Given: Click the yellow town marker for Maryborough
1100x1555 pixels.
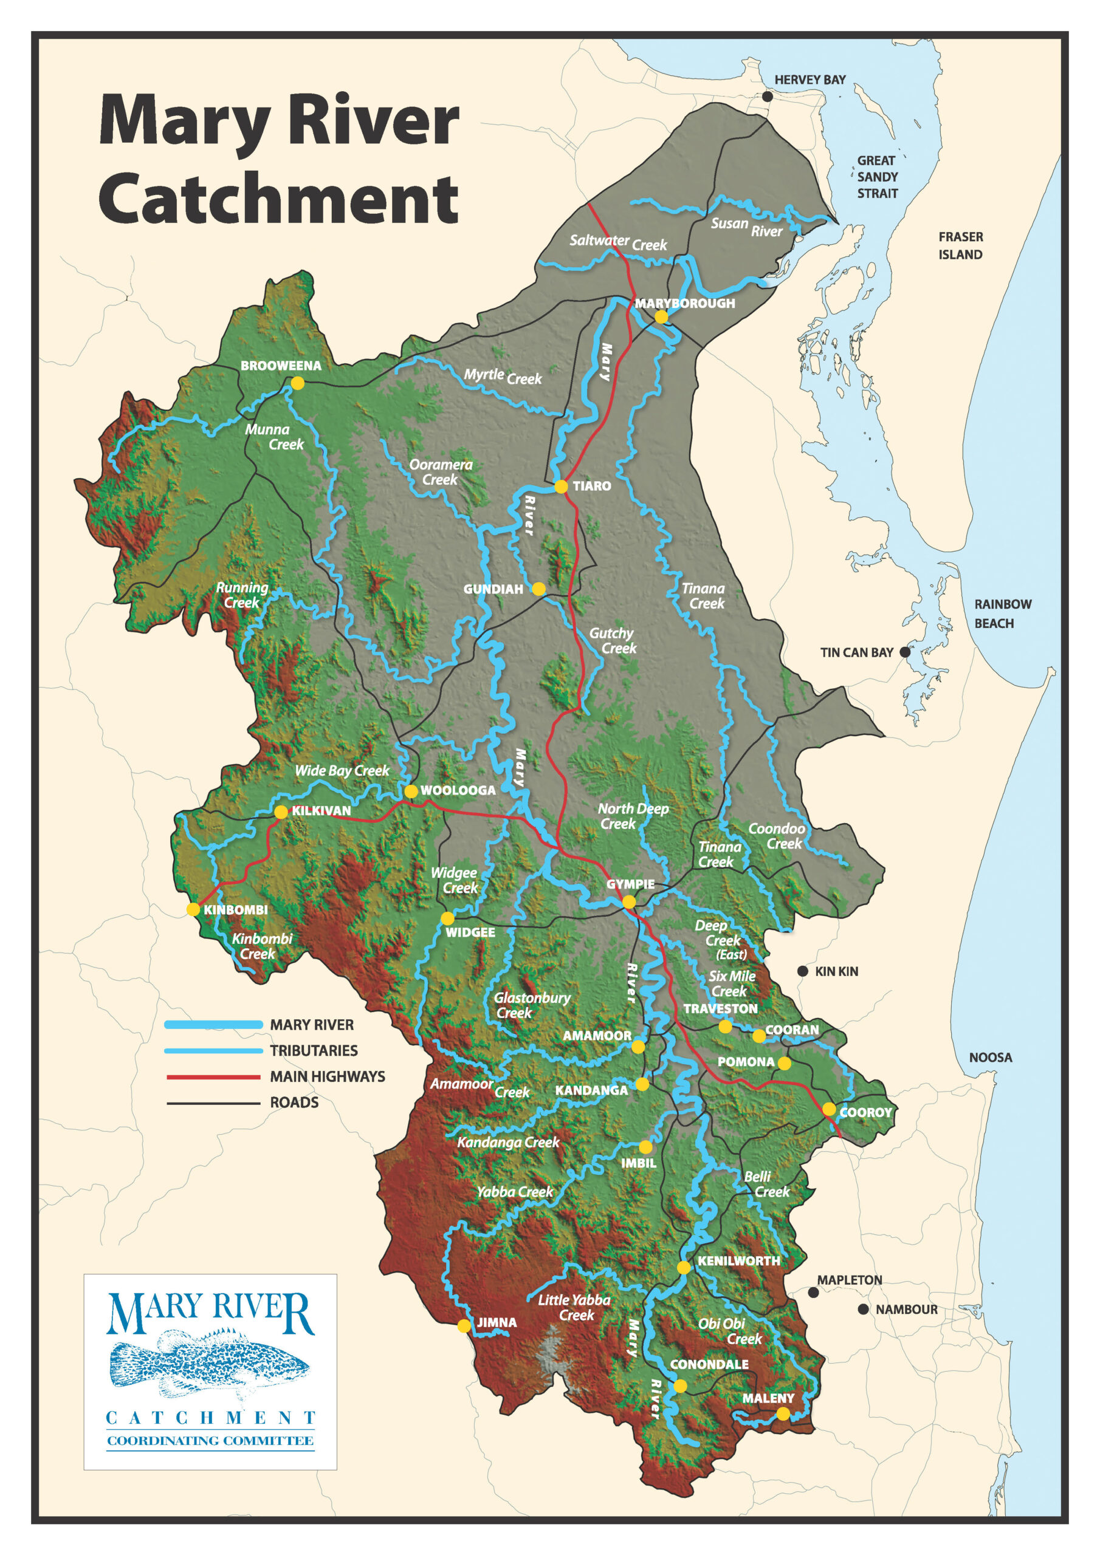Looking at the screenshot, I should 661,317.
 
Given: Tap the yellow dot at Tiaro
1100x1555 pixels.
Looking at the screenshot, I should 560,487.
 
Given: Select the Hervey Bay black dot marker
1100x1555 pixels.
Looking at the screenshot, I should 767,97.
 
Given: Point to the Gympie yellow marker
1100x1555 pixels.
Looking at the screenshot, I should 629,901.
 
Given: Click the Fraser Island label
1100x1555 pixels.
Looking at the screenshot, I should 960,245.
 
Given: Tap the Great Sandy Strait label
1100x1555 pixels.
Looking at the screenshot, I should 877,177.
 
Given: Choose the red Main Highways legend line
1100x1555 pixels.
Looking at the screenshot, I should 213,1076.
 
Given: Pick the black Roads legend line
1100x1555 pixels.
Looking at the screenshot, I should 213,1102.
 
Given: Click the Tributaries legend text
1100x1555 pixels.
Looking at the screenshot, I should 313,1050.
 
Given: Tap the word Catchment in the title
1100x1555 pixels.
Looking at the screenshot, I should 278,199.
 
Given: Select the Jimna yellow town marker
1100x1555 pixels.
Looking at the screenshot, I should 464,1325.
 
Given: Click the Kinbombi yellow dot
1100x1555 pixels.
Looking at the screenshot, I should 193,909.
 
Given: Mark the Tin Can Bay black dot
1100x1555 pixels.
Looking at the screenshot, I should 904,652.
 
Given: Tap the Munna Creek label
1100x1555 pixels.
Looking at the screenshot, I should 274,437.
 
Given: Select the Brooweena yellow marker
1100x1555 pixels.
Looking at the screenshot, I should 298,383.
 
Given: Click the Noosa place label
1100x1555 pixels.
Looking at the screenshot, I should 990,1057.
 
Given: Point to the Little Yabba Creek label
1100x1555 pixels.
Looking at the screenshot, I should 574,1307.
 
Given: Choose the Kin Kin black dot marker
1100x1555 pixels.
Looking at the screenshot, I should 802,971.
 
